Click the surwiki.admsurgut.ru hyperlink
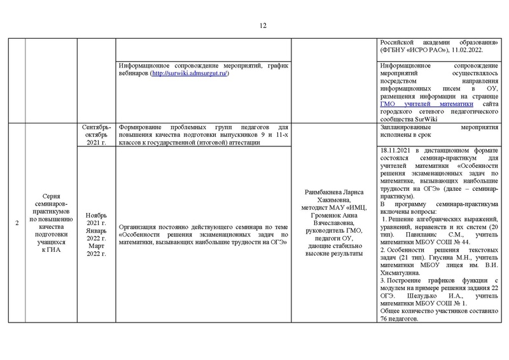coord(189,74)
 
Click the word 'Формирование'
coord(141,127)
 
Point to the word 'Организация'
coord(140,226)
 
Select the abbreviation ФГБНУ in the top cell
coord(400,50)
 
